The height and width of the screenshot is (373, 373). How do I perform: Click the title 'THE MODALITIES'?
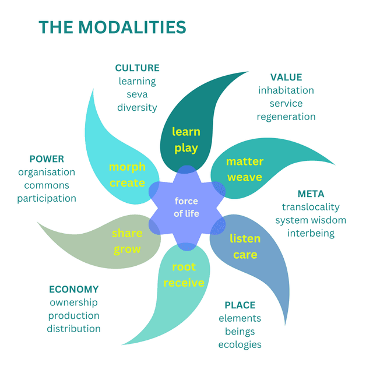point(112,27)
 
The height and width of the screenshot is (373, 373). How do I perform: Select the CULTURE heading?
point(137,68)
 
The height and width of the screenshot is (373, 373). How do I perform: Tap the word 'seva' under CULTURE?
point(137,94)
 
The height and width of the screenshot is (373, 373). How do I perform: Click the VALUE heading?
point(286,78)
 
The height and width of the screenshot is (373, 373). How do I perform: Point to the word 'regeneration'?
point(286,117)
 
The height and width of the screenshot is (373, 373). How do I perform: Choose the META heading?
point(311,194)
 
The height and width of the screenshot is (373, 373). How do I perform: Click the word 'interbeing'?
point(311,233)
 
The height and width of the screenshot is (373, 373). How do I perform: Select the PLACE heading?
point(240,305)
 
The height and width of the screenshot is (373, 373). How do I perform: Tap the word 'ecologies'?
point(240,344)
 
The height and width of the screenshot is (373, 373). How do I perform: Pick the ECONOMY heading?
point(73,290)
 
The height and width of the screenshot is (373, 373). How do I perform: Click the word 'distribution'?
point(73,329)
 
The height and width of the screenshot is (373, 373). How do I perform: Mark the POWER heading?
point(47,159)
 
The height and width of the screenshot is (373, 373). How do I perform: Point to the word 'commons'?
point(47,185)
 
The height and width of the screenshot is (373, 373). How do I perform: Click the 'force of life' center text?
point(186,207)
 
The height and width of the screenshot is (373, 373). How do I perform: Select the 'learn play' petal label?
point(185,140)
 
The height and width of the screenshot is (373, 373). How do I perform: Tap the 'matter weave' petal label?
point(245,169)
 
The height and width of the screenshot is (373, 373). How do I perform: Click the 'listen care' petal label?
point(245,247)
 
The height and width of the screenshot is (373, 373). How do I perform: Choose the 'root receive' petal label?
point(184,275)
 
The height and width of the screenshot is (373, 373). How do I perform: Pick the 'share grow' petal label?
point(127,241)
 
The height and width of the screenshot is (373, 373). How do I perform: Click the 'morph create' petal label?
point(126,175)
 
